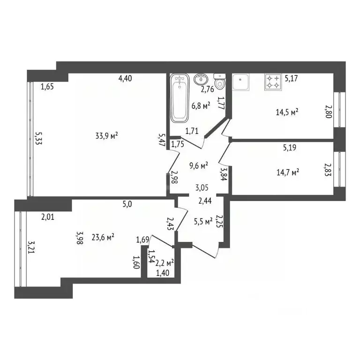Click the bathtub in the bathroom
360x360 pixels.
coord(180,98)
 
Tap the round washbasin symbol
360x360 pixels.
coord(201,79)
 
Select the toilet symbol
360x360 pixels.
coord(220,82)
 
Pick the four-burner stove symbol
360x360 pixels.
coord(273,82)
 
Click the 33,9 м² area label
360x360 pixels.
coord(107,135)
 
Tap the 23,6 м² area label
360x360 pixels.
coord(103,237)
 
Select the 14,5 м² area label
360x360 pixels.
coord(287,112)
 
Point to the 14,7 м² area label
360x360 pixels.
coord(288,172)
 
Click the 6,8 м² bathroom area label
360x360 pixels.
coord(201,106)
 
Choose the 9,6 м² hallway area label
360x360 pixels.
coord(199,165)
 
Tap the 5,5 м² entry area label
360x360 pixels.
coord(203,222)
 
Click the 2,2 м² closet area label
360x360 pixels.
coord(165,263)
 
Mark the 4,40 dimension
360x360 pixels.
coord(125,79)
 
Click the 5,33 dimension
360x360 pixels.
coord(38,138)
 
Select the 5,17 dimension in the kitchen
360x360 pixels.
coord(291,79)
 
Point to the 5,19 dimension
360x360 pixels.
coord(290,147)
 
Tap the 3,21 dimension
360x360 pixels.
coord(31,247)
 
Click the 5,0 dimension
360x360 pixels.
coord(127,204)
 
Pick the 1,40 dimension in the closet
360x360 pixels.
coord(163,273)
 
